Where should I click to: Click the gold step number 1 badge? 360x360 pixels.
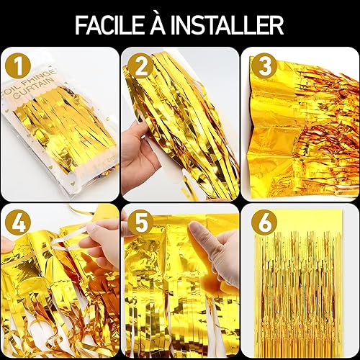(18, 66)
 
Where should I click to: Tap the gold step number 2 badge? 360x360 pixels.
(140, 66)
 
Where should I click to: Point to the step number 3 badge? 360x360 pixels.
(265, 66)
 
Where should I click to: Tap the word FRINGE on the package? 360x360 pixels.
(42, 77)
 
